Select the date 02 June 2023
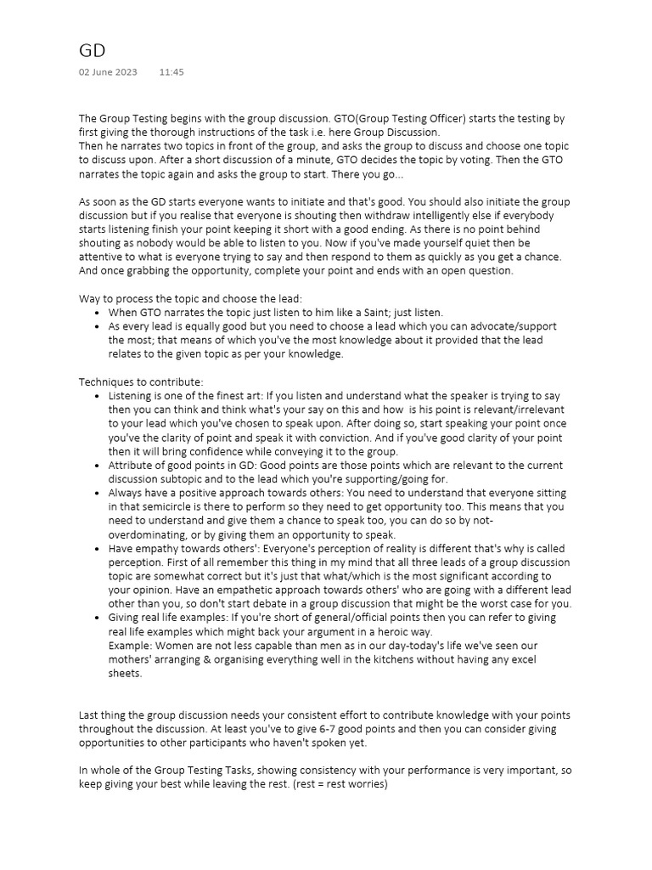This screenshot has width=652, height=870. [107, 72]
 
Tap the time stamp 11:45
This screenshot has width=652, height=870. [171, 72]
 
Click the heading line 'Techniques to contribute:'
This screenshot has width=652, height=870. [141, 381]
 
